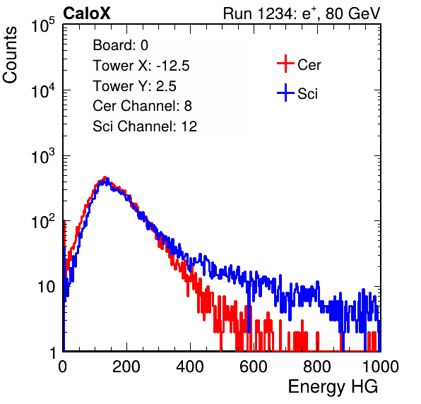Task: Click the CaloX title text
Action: click(x=86, y=13)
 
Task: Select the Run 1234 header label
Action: click(x=302, y=13)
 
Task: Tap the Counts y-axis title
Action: click(x=10, y=55)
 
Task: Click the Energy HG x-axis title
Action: click(x=333, y=387)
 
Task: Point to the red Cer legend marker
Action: click(x=285, y=64)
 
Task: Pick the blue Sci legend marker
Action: click(x=285, y=93)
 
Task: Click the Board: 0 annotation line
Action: click(x=120, y=45)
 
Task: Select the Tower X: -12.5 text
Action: click(x=141, y=66)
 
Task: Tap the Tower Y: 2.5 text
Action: click(x=134, y=86)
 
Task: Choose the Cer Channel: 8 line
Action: click(x=142, y=106)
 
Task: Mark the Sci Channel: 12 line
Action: click(x=145, y=126)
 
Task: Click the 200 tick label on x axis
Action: click(x=126, y=367)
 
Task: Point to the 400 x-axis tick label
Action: click(x=190, y=367)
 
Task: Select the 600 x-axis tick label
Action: click(x=254, y=367)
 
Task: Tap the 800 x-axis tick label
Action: click(x=317, y=367)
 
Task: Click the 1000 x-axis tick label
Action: click(x=381, y=367)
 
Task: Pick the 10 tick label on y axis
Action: click(x=46, y=287)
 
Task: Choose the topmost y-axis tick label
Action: click(x=43, y=26)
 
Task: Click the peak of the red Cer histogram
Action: click(x=105, y=177)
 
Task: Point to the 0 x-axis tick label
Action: click(x=62, y=367)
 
